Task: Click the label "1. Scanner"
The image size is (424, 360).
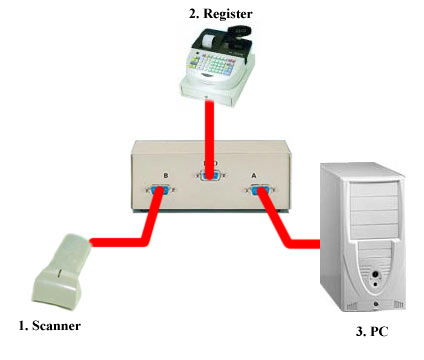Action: pyautogui.click(x=49, y=325)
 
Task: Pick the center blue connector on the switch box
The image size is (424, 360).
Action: pyautogui.click(x=209, y=178)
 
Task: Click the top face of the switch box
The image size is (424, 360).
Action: pyautogui.click(x=209, y=150)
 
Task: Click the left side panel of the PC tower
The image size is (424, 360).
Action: pyautogui.click(x=334, y=240)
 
